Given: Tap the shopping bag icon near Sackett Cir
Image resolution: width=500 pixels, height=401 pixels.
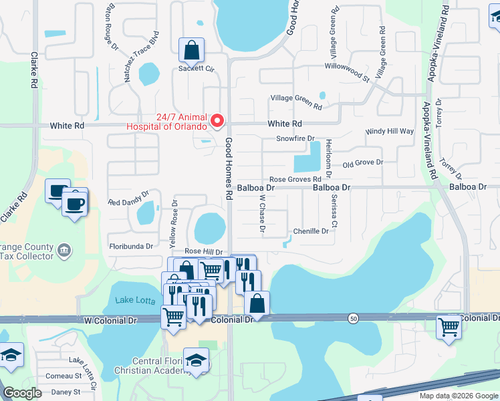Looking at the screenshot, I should pyautogui.click(x=191, y=49).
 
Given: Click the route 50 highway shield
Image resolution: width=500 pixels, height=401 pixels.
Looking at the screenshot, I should pyautogui.click(x=352, y=319).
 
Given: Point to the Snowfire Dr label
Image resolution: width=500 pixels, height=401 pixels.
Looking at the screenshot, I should pyautogui.click(x=295, y=138).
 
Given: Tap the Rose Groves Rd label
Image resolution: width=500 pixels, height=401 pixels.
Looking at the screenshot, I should pyautogui.click(x=295, y=179).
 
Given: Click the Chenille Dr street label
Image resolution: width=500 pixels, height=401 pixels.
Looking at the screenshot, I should pyautogui.click(x=311, y=231).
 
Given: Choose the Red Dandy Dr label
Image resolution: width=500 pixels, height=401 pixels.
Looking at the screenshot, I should pyautogui.click(x=128, y=202).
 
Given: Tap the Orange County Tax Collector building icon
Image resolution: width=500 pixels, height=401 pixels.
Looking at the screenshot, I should pyautogui.click(x=64, y=251).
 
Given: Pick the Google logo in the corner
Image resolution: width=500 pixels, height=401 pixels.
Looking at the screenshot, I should pyautogui.click(x=22, y=393).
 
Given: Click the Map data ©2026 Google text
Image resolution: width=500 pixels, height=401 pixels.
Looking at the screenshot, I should pyautogui.click(x=459, y=396).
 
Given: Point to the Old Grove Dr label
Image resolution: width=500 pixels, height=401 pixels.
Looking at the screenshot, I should pyautogui.click(x=362, y=162).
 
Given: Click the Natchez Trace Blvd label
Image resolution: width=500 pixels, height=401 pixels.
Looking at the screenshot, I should pyautogui.click(x=140, y=56).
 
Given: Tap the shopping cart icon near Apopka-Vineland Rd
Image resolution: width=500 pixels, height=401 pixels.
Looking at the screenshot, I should pyautogui.click(x=449, y=327).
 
